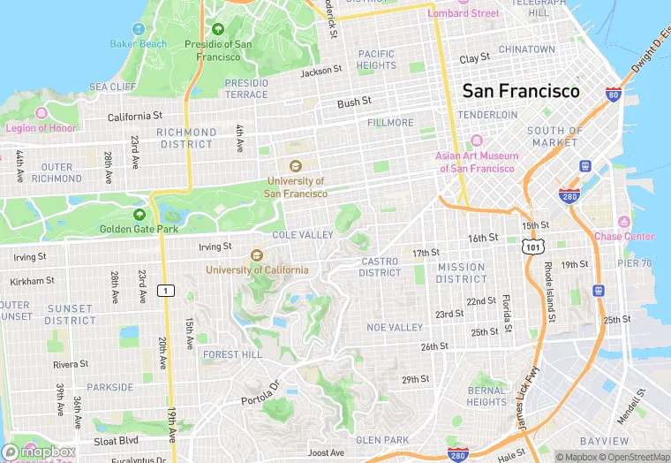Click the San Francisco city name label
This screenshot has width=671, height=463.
(x=521, y=91)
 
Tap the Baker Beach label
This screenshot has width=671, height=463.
(x=138, y=44)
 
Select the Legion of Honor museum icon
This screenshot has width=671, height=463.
(x=41, y=114)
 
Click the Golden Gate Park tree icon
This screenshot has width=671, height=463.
(x=139, y=214)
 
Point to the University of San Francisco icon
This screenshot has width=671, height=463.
(x=296, y=165)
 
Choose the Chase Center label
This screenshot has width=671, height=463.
(x=624, y=236)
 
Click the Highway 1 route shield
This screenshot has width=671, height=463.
(x=164, y=291)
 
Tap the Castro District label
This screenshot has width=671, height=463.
(x=380, y=267)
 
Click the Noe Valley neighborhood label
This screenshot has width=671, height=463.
(x=395, y=327)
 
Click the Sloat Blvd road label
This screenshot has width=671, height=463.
(x=116, y=440)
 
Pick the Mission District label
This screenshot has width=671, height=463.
(x=461, y=273)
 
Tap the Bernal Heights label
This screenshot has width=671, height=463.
(x=486, y=396)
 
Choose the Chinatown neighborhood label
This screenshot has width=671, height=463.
(x=526, y=49)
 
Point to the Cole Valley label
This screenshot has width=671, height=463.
(x=303, y=235)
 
